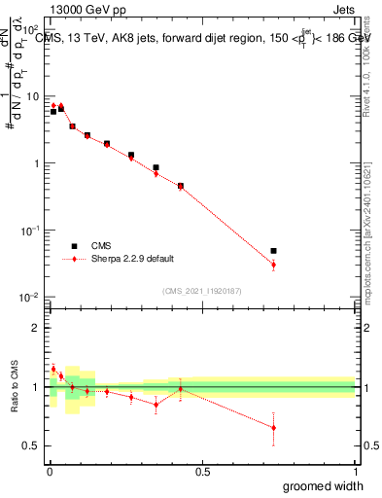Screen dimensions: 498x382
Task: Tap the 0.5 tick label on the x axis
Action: click(202, 472)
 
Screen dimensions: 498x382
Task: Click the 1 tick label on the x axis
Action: click(355, 472)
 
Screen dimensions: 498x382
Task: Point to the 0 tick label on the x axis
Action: click(49, 472)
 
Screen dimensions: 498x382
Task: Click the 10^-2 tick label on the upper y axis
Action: click(32, 297)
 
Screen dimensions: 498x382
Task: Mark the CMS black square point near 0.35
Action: click(156, 167)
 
